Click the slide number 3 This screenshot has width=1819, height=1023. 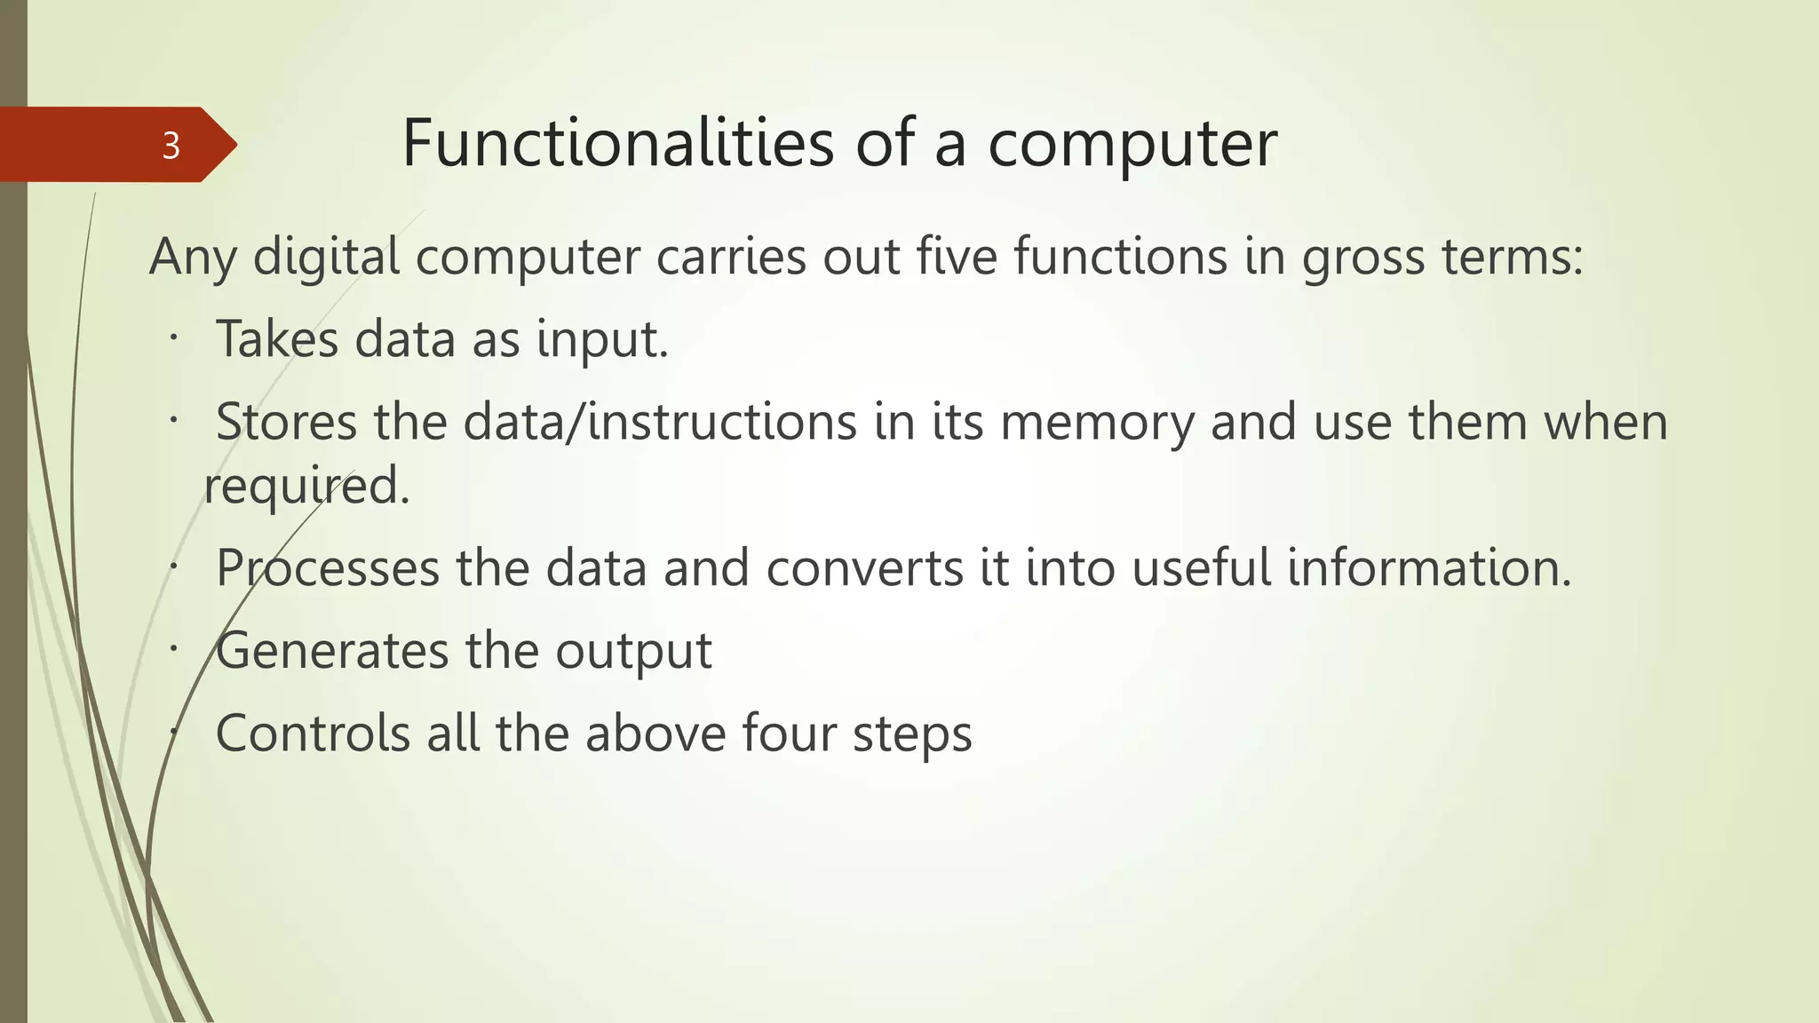click(x=171, y=145)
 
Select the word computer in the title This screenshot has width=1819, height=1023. click(x=1132, y=144)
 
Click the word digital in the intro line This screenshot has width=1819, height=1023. click(x=326, y=258)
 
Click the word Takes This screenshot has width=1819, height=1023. click(x=277, y=339)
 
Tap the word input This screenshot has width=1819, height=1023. click(x=601, y=340)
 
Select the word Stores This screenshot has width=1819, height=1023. click(x=286, y=422)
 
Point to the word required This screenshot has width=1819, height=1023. click(x=306, y=487)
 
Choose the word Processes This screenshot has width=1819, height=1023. click(x=328, y=568)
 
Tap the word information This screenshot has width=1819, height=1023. click(x=1429, y=568)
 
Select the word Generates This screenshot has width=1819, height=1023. click(x=332, y=651)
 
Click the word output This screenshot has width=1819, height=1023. click(x=633, y=651)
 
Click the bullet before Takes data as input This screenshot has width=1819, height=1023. click(x=175, y=338)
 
